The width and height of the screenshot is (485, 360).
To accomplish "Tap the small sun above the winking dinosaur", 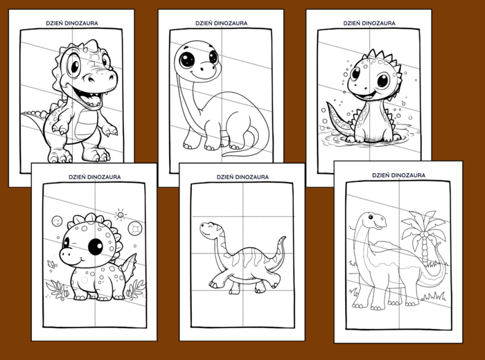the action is [121, 215].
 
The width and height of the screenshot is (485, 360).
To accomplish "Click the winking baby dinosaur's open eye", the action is [96, 246].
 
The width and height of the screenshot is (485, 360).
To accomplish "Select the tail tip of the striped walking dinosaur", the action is [284, 238].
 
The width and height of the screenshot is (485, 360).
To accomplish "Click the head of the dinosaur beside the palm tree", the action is [374, 220].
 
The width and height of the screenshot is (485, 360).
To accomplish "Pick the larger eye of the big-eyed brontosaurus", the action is [188, 60].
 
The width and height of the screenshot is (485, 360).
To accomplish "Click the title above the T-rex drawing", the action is [72, 23].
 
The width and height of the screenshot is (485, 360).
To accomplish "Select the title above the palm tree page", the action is [398, 175].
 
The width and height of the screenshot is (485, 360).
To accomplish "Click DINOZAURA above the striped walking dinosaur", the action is [254, 177].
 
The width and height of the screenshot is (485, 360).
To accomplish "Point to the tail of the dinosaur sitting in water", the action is [338, 118].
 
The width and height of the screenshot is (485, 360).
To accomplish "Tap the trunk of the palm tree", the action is [424, 248].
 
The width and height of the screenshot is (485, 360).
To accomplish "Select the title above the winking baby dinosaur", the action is [95, 177].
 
